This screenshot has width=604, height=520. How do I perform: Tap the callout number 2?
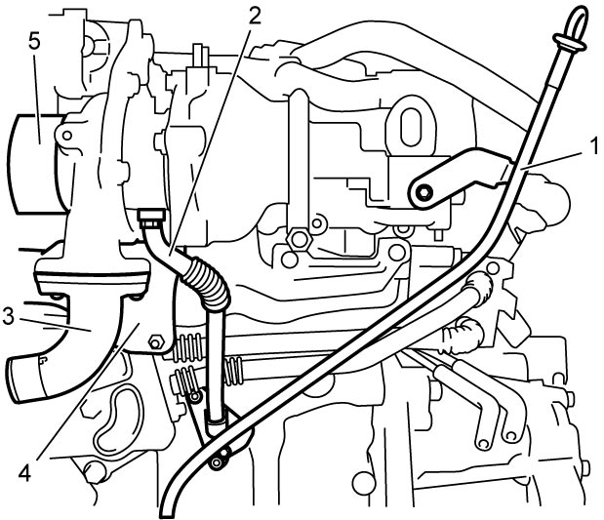tap(254, 16)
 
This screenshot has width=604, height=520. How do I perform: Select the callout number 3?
tap(9, 316)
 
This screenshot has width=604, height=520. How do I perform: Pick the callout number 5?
tap(34, 42)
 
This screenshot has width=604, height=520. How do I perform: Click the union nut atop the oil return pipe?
tap(152, 219)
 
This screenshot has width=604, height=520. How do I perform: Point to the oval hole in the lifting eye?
tap(411, 127)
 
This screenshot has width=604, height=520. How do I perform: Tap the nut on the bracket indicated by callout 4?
tap(155, 341)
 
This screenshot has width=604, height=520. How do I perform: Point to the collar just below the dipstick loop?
tap(570, 42)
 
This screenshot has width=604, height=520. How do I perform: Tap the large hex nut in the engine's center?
tap(298, 240)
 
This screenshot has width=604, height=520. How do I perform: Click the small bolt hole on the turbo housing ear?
tap(66, 136)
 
